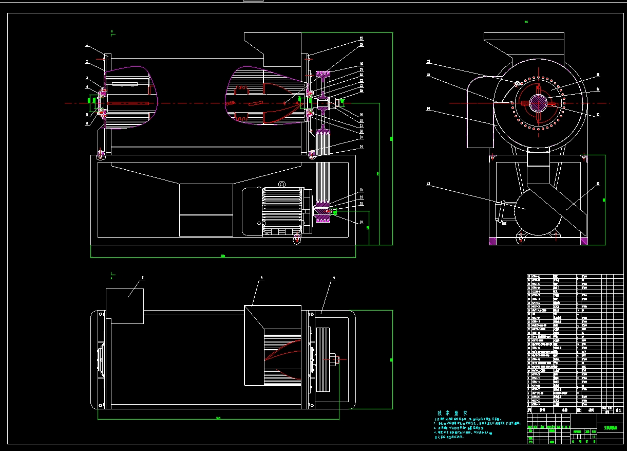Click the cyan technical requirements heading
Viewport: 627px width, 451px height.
pyautogui.click(x=452, y=413)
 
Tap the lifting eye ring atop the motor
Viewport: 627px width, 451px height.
pyautogui.click(x=282, y=184)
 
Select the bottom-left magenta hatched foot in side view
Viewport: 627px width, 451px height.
pyautogui.click(x=493, y=241)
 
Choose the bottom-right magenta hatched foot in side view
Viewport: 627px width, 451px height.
pyautogui.click(x=583, y=241)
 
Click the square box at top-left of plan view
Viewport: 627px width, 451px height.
pyautogui.click(x=124, y=306)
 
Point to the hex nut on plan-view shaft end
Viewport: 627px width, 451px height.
pyautogui.click(x=336, y=360)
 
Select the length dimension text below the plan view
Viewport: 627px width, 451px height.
pyautogui.click(x=218, y=418)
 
